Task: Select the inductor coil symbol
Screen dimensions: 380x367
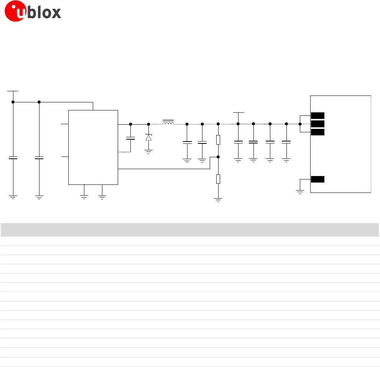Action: pyautogui.click(x=168, y=123)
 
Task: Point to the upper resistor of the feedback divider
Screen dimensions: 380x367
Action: pyautogui.click(x=218, y=140)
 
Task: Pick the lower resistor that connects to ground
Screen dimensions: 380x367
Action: pyautogui.click(x=218, y=179)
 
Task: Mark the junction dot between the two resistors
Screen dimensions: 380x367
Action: pyautogui.click(x=218, y=157)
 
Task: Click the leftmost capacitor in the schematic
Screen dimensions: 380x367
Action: pyautogui.click(x=13, y=158)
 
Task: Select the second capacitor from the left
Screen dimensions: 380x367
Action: pyautogui.click(x=39, y=158)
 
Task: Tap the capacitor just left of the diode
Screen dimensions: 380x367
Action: pyautogui.click(x=130, y=138)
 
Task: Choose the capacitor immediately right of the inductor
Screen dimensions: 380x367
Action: pyautogui.click(x=187, y=142)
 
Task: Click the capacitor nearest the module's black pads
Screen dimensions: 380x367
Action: pyautogui.click(x=286, y=142)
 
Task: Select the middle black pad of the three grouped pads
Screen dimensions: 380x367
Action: pyautogui.click(x=317, y=124)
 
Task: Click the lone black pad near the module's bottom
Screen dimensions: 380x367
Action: pyautogui.click(x=317, y=179)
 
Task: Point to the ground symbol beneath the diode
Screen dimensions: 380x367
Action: pyautogui.click(x=148, y=150)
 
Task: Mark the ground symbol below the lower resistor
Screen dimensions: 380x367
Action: pyautogui.click(x=218, y=199)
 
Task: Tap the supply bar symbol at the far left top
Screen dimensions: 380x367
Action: pyautogui.click(x=13, y=91)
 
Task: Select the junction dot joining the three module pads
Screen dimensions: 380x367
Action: pyautogui.click(x=300, y=124)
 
